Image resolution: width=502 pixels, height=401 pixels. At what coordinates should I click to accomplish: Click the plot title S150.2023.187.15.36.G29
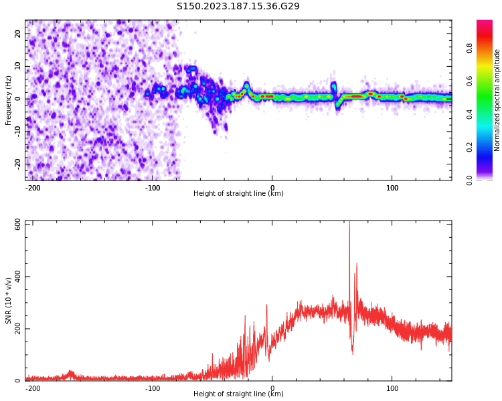[x=238, y=7]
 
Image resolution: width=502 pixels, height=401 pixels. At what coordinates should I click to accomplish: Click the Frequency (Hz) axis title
[x=9, y=100]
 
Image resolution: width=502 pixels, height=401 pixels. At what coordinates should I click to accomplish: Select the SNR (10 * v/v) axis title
[x=9, y=301]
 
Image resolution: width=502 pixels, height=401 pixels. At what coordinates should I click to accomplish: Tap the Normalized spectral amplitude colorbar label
[x=497, y=100]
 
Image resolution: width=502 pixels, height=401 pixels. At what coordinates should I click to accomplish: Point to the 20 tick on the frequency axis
[x=18, y=33]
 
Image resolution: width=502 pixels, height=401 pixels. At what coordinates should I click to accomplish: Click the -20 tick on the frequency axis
[x=18, y=163]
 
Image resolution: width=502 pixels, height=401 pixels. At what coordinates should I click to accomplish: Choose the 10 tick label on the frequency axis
[x=18, y=66]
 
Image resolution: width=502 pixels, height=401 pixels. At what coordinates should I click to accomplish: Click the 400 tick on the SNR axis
[x=18, y=277]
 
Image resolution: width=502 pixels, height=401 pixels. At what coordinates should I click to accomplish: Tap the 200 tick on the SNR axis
[x=18, y=329]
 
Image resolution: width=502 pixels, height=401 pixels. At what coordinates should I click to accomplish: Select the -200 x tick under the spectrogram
[x=32, y=188]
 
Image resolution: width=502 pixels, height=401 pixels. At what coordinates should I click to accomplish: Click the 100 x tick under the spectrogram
[x=392, y=188]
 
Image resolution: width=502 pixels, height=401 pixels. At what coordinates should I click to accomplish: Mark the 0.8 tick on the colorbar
[x=469, y=48]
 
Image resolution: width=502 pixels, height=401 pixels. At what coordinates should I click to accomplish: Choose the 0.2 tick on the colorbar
[x=469, y=147]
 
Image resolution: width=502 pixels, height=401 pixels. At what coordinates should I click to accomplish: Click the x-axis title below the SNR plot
[x=238, y=394]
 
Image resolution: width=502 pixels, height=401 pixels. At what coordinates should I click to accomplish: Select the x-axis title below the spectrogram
[x=238, y=194]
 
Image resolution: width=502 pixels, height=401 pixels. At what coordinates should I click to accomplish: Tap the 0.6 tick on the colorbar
[x=469, y=81]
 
